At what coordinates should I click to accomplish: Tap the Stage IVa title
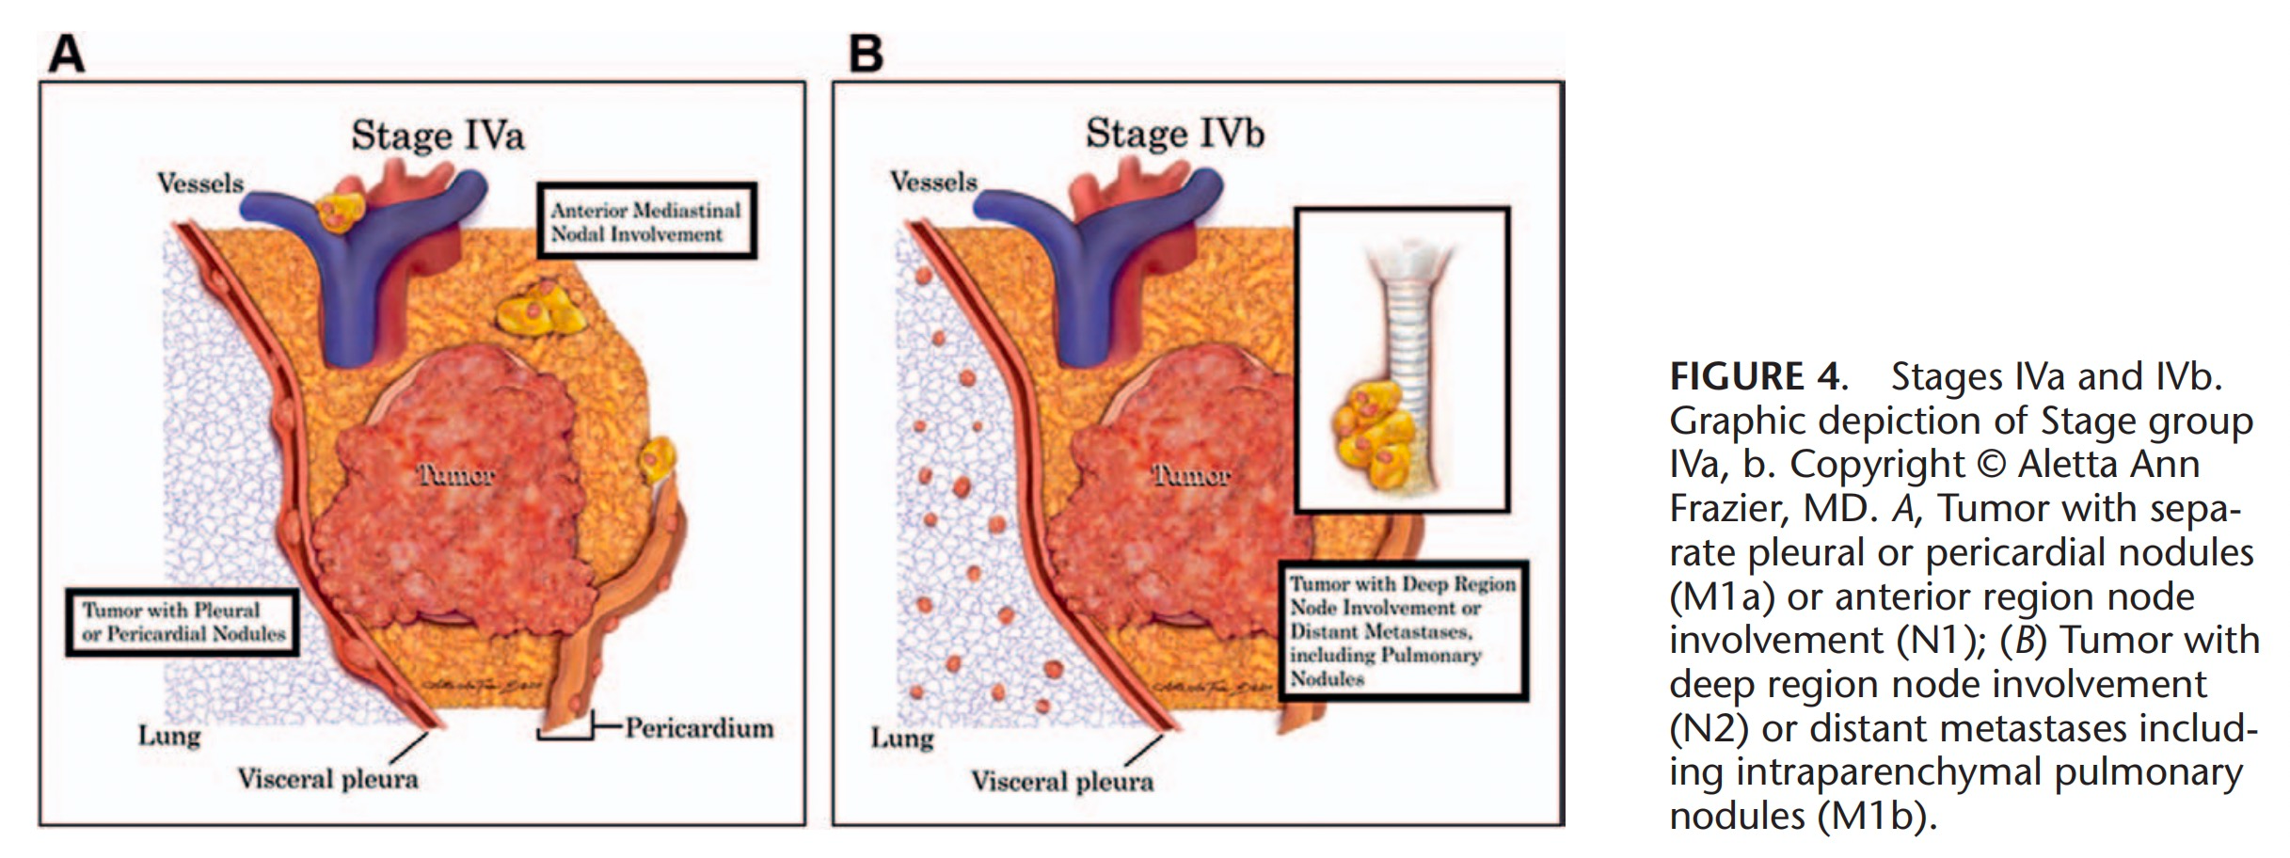437,135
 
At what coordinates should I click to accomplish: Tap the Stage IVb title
1174,133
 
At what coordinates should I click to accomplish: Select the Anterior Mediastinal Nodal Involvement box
646,222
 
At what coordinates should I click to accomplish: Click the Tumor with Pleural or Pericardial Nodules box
183,622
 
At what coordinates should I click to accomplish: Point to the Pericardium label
699,727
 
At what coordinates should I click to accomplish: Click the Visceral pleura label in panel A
327,779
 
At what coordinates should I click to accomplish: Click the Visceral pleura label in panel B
1062,781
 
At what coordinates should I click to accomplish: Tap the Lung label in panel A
169,735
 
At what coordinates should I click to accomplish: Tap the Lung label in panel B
902,738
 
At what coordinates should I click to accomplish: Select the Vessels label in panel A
200,183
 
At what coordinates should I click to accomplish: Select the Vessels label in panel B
933,181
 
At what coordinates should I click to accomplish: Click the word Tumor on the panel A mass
456,475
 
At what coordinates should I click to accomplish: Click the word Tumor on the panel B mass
1192,475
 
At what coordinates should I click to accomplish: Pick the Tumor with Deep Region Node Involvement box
1402,630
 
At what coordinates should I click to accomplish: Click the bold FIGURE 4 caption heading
1754,377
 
